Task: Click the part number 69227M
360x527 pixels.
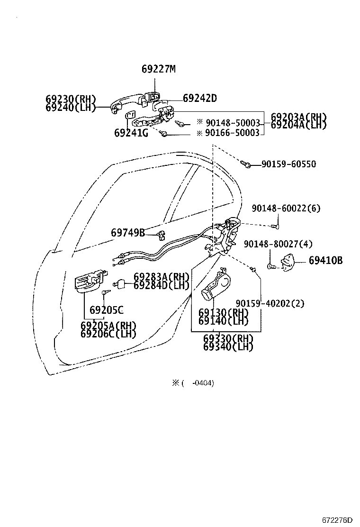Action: [158, 69]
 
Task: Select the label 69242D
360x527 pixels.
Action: [199, 98]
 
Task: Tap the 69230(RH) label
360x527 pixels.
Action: [71, 99]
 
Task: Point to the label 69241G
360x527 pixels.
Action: [131, 133]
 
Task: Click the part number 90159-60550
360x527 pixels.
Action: [289, 164]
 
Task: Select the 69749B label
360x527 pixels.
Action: [128, 233]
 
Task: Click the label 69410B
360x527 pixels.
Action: [325, 260]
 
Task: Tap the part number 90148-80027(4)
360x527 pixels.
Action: [278, 244]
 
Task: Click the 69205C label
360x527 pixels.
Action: [106, 310]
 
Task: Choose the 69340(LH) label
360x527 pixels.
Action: [228, 347]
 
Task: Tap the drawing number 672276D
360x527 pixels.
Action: [338, 520]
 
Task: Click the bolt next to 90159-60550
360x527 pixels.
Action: [246, 164]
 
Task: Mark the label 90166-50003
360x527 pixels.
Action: [232, 133]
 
